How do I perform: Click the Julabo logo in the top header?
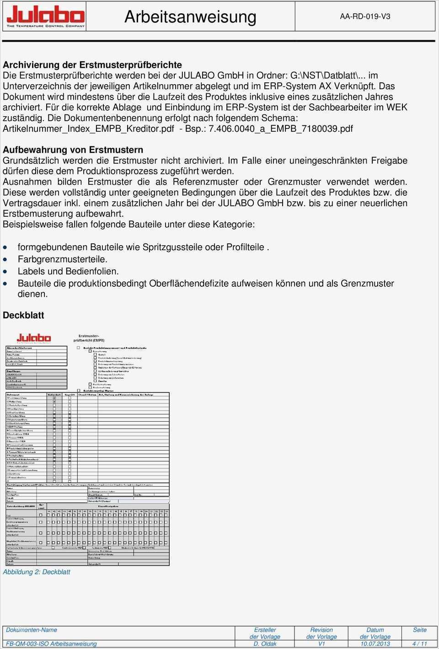pos(45,17)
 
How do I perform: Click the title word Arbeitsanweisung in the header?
pos(190,17)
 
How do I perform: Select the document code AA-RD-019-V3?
pos(365,16)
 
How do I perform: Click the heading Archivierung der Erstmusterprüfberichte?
pos(92,65)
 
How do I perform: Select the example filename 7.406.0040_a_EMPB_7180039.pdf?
pos(281,129)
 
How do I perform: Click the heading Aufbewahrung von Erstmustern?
pos(73,150)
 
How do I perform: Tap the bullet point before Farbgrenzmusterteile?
pos(5,259)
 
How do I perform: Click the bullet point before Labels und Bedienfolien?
pos(5,271)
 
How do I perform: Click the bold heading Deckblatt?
pos(23,315)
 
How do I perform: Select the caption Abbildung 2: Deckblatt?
pos(37,572)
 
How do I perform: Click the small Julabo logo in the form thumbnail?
pos(34,338)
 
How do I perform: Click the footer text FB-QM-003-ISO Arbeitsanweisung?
pos(51,644)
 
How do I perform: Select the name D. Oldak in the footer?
pos(265,644)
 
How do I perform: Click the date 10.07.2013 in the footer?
pos(375,644)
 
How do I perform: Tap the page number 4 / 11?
pos(419,644)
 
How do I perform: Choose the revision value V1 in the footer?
pos(321,644)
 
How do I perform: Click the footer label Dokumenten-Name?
pos(32,630)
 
